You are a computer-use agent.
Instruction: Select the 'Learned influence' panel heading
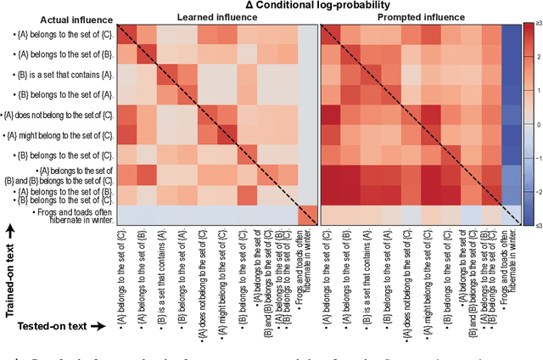(x=209, y=16)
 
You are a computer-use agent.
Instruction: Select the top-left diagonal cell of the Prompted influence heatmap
(x=330, y=32)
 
